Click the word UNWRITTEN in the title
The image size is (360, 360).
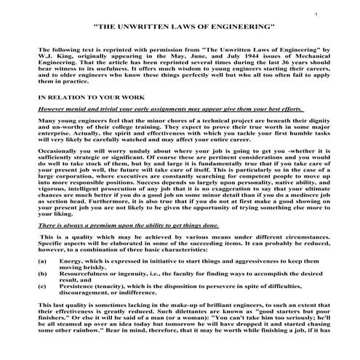(152, 26)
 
